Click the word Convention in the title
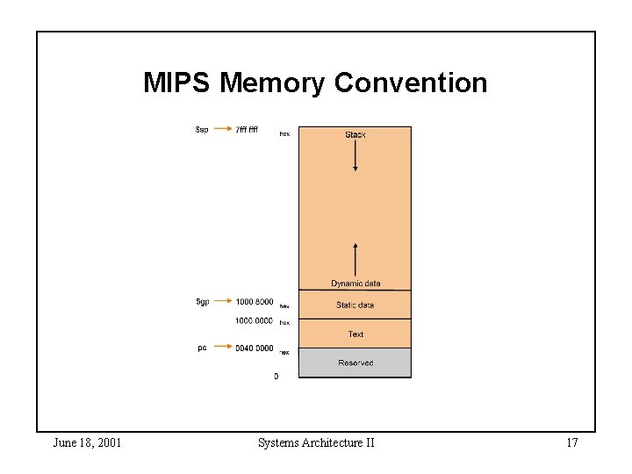pos(411,83)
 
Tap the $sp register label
pos(202,130)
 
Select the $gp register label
pos(203,302)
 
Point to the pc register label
pos(203,348)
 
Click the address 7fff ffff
pos(247,130)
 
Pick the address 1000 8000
pos(254,303)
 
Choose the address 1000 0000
pos(254,320)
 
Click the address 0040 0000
pos(254,348)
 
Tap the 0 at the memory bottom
pos(276,377)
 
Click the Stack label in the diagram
pos(355,134)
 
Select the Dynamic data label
pos(355,284)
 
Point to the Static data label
pos(355,305)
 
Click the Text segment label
pos(355,334)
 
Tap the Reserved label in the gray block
pos(355,363)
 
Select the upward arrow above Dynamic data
pos(355,260)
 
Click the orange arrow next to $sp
pos(222,130)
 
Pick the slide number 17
pos(571,443)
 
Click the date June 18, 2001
pos(87,443)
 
